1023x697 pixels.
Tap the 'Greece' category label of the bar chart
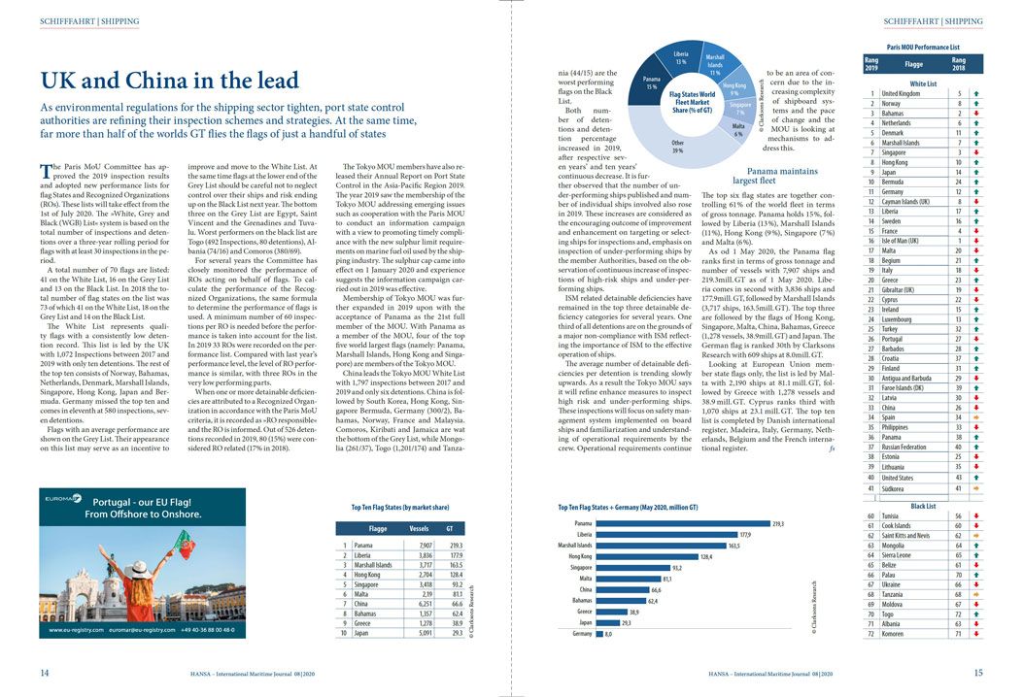583,612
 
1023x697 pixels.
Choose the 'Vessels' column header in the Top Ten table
419,529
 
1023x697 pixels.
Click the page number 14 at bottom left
45,673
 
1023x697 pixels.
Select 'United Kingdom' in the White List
901,93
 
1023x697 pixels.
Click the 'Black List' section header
923,506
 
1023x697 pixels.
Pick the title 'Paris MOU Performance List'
923,47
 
